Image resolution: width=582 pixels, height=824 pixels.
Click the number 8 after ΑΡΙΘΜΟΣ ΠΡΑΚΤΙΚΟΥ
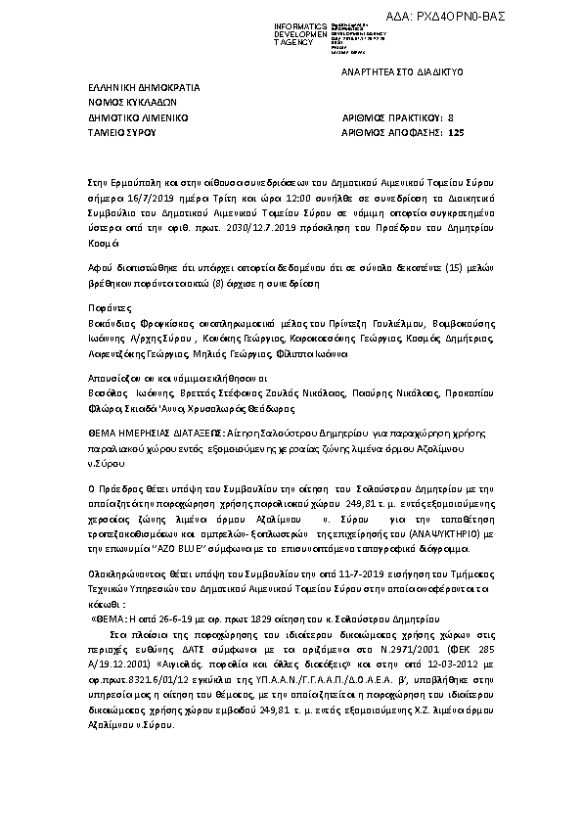coord(450,115)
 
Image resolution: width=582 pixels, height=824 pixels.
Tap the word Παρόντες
coord(109,304)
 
